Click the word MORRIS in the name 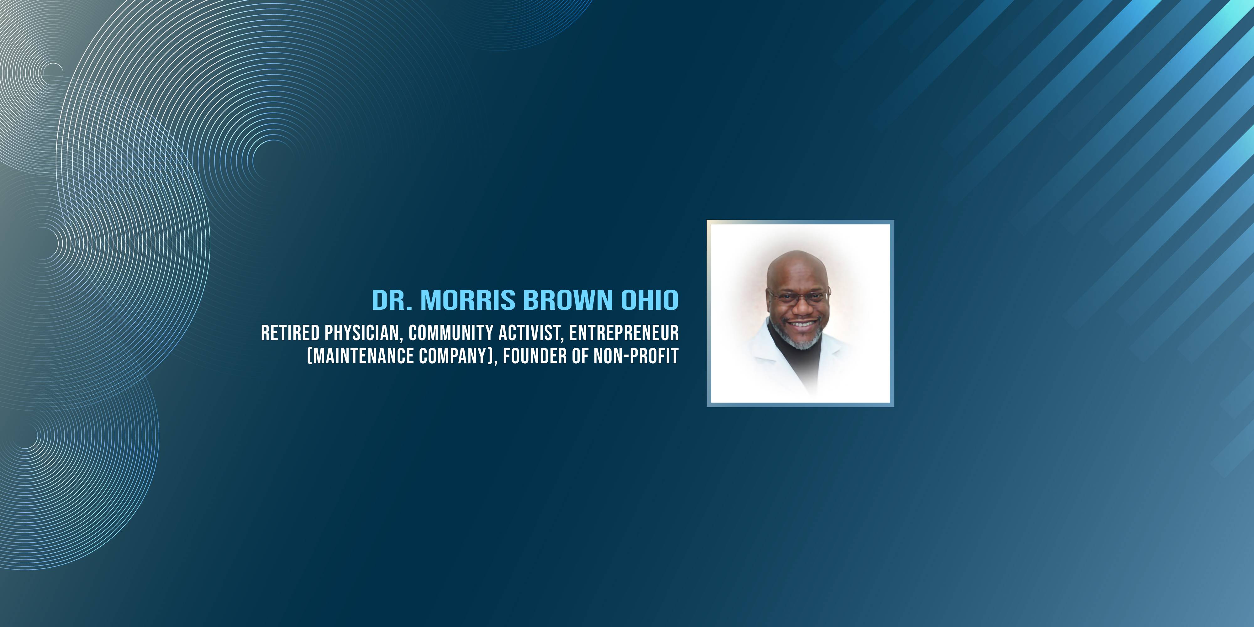[x=468, y=300]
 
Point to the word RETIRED [x=290, y=333]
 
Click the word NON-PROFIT [x=636, y=356]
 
